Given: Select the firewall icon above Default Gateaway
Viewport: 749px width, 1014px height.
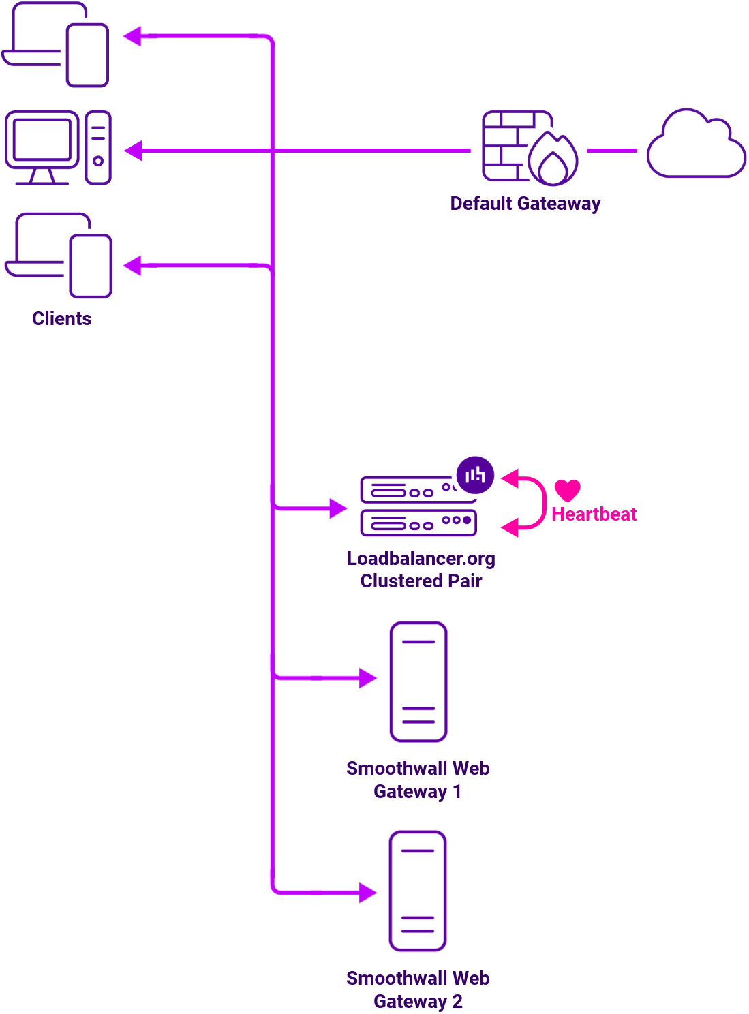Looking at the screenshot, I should point(529,148).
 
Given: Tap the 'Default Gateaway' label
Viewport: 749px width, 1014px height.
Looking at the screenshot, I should point(525,204).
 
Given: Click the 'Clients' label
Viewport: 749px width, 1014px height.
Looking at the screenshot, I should point(61,319).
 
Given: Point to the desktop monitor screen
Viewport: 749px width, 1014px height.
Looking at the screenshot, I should point(42,140).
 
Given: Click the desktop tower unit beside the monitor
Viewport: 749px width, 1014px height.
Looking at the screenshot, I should point(98,148).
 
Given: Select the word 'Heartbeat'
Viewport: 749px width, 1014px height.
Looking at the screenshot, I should point(594,514).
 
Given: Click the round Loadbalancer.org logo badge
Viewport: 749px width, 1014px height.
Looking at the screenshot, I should point(475,475).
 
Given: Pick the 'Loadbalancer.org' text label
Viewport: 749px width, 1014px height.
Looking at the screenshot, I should point(421,559).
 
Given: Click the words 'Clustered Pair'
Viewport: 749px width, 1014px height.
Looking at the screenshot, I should point(421,581).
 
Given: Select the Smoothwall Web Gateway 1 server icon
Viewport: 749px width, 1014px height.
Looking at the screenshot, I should point(418,681).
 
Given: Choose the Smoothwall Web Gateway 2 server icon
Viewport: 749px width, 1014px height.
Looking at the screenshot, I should point(418,891).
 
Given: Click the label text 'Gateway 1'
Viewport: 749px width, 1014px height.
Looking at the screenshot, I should point(417,792).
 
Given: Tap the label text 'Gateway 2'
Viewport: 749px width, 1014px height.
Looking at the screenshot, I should point(417,1002).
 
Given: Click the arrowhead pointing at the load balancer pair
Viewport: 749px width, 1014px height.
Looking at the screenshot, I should point(338,508).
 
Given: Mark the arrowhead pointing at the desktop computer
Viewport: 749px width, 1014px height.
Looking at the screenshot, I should point(134,151).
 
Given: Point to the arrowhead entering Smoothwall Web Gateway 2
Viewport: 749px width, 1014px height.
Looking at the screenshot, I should point(368,892).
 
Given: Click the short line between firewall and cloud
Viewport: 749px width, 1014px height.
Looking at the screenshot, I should point(611,151).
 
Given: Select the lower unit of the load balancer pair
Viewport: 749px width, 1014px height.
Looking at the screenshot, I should point(418,523).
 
